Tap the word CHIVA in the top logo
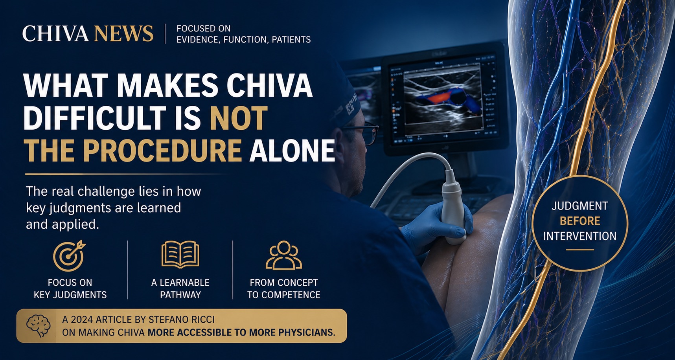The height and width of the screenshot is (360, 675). pyautogui.click(x=55, y=33)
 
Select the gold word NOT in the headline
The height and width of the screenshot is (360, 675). pyautogui.click(x=239, y=118)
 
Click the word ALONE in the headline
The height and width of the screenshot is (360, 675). pyautogui.click(x=292, y=151)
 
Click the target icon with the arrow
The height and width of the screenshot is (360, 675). pyautogui.click(x=69, y=255)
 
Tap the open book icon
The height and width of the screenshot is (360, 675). pyautogui.click(x=180, y=255)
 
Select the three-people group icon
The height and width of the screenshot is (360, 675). pyautogui.click(x=284, y=255)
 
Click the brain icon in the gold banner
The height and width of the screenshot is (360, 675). pyautogui.click(x=39, y=326)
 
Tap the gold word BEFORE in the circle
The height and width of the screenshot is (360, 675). pyautogui.click(x=580, y=221)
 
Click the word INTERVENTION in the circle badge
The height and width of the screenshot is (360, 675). pyautogui.click(x=580, y=236)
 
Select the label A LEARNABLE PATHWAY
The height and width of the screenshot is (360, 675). pyautogui.click(x=180, y=288)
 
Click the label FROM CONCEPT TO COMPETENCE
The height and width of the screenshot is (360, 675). pyautogui.click(x=284, y=288)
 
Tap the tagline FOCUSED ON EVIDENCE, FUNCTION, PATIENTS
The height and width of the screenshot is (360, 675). pyautogui.click(x=244, y=34)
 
